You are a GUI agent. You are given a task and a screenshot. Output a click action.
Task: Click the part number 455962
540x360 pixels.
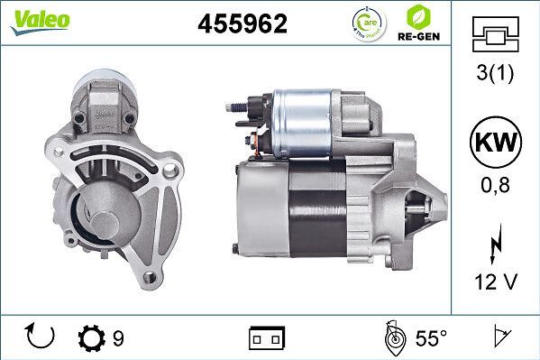click(x=243, y=24)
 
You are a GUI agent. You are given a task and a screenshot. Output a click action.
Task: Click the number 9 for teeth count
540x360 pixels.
click(x=118, y=338)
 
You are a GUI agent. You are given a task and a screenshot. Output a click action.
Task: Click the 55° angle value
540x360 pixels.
click(x=431, y=338)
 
